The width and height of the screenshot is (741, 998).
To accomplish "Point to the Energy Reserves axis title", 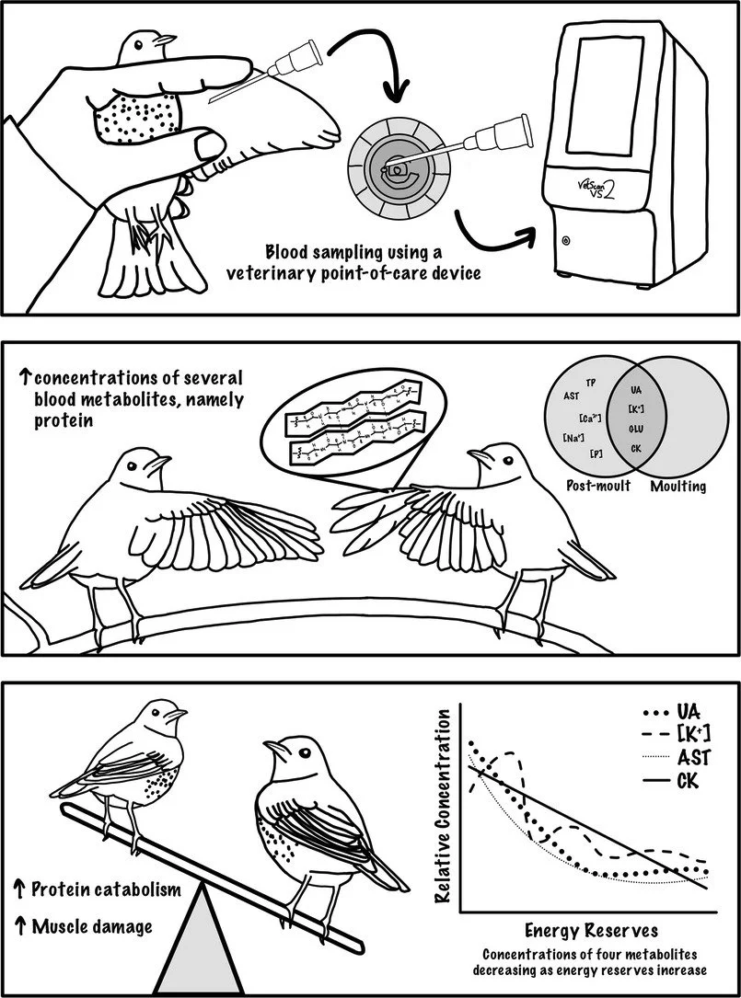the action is tap(578, 930).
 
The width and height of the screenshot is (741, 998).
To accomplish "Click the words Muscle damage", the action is tap(92, 926).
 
